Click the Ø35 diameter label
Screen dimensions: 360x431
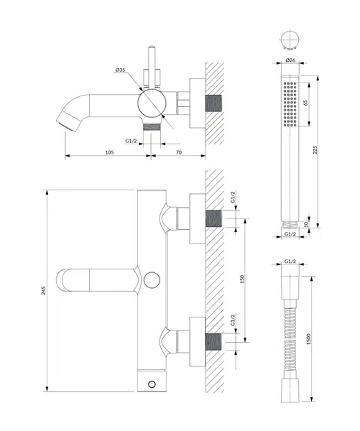[120, 70]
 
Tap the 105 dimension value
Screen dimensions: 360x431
[109, 152]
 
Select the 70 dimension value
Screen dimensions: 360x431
[179, 152]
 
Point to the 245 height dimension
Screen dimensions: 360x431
[44, 290]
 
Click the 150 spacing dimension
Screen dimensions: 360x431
[242, 279]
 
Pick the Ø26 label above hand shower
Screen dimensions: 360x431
[290, 60]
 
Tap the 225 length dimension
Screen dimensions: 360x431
[315, 150]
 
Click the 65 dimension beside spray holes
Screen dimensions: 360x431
[305, 103]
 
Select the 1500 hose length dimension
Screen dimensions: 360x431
[308, 339]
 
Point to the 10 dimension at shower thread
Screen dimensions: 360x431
[306, 224]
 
